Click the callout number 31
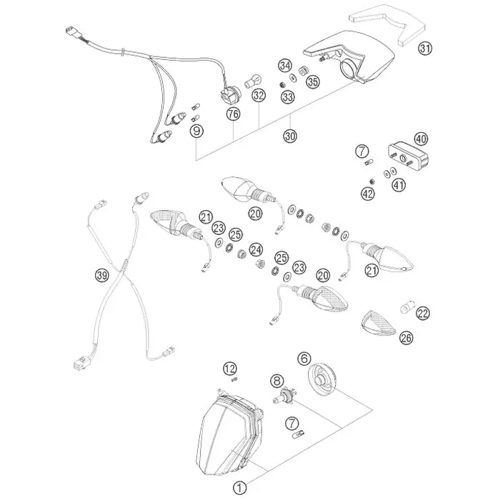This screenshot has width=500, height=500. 425,49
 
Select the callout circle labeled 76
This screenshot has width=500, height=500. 233,114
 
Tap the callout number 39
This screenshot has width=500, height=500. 102,274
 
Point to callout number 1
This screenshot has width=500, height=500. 240,487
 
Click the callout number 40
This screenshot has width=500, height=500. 421,139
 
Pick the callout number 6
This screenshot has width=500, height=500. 304,359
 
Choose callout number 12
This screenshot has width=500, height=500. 230,369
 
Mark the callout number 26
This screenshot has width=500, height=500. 406,338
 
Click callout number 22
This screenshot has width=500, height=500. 423,314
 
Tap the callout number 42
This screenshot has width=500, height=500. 368,194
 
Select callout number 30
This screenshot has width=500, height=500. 290,136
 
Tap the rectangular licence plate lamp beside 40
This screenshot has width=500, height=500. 408,156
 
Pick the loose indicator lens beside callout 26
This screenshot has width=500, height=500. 378,324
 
